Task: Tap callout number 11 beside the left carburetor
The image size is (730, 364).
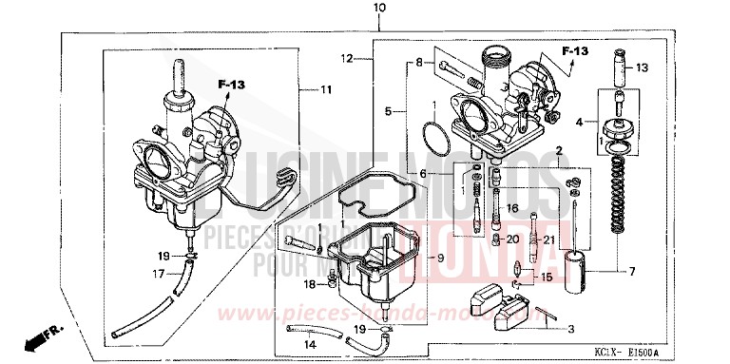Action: click(326, 90)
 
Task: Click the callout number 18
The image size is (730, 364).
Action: click(310, 283)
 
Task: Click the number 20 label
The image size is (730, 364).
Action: click(512, 239)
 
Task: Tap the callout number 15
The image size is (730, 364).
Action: click(547, 277)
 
